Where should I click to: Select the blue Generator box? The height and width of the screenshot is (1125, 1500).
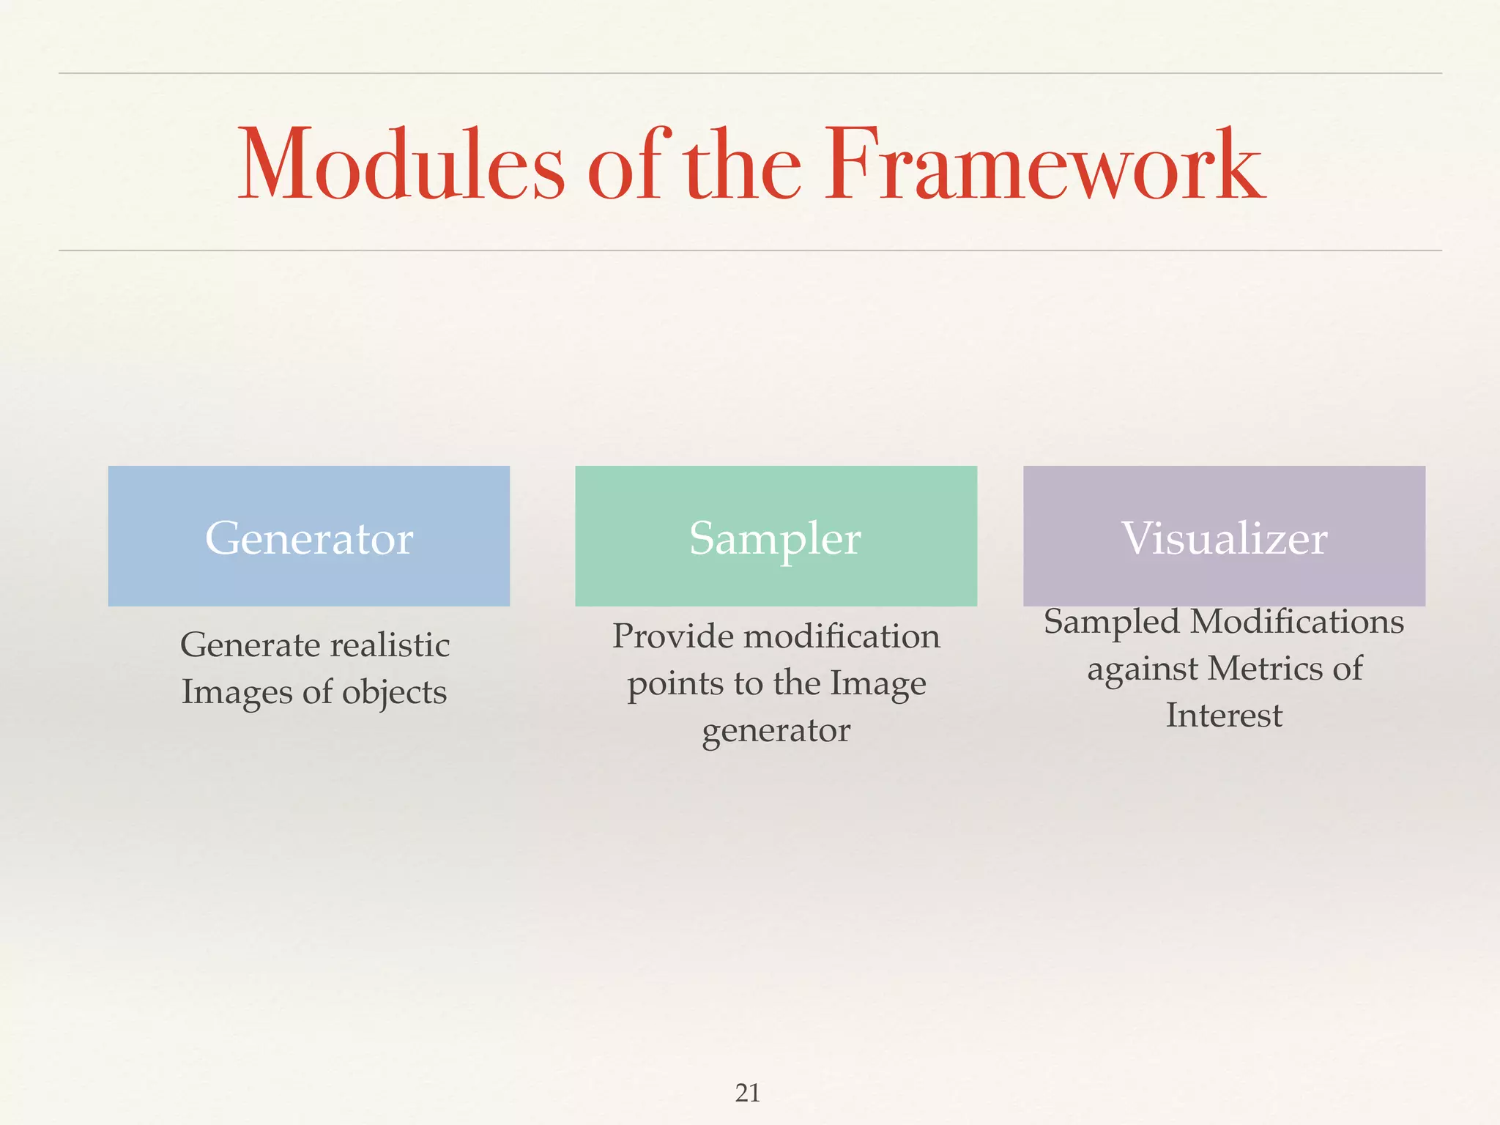pyautogui.click(x=308, y=536)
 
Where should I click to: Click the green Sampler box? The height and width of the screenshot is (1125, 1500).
pyautogui.click(x=776, y=536)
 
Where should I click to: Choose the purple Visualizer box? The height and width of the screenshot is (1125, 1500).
pyautogui.click(x=1224, y=536)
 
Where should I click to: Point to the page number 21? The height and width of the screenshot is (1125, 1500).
pyautogui.click(x=748, y=1093)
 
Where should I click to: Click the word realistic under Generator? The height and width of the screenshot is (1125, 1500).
pyautogui.click(x=390, y=645)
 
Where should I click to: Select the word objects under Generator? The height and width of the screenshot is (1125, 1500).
pyautogui.click(x=394, y=693)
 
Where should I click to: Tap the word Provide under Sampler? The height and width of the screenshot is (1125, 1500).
pyautogui.click(x=673, y=636)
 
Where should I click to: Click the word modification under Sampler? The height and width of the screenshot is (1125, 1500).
pyautogui.click(x=842, y=636)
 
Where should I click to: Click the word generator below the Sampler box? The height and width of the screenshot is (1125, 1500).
pyautogui.click(x=776, y=731)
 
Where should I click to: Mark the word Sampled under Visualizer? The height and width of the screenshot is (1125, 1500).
pyautogui.click(x=1112, y=623)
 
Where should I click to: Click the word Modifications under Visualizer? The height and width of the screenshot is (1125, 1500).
pyautogui.click(x=1297, y=622)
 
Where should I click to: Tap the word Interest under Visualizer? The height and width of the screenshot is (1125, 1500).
pyautogui.click(x=1224, y=716)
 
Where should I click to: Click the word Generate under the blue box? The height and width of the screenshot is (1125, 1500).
pyautogui.click(x=250, y=646)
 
